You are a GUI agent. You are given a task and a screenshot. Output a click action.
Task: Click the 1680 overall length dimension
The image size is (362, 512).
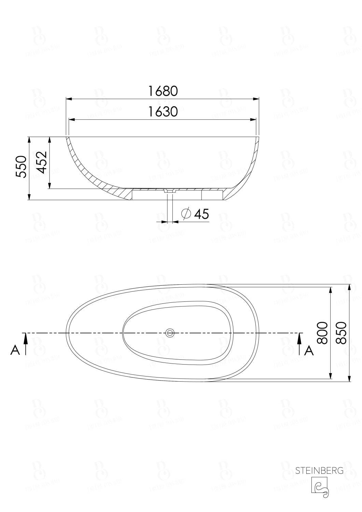click(163, 91)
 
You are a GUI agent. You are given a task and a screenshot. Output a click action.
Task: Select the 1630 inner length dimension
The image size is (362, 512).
click(163, 112)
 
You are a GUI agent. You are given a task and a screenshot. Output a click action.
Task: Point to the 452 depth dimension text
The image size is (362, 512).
click(42, 162)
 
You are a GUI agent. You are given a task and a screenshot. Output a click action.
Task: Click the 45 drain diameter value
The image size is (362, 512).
click(201, 214)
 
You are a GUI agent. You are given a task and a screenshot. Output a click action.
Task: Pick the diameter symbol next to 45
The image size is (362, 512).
click(186, 214)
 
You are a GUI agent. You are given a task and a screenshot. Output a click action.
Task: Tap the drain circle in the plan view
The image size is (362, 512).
click(170, 332)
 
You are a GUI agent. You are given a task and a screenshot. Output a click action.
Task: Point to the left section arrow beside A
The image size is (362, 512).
click(26, 343)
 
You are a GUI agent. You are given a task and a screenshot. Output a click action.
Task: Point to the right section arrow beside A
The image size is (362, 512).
click(300, 343)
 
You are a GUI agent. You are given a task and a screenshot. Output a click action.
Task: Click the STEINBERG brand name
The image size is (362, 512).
click(319, 471)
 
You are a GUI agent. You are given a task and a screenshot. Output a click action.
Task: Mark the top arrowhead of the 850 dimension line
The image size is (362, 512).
click(349, 287)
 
